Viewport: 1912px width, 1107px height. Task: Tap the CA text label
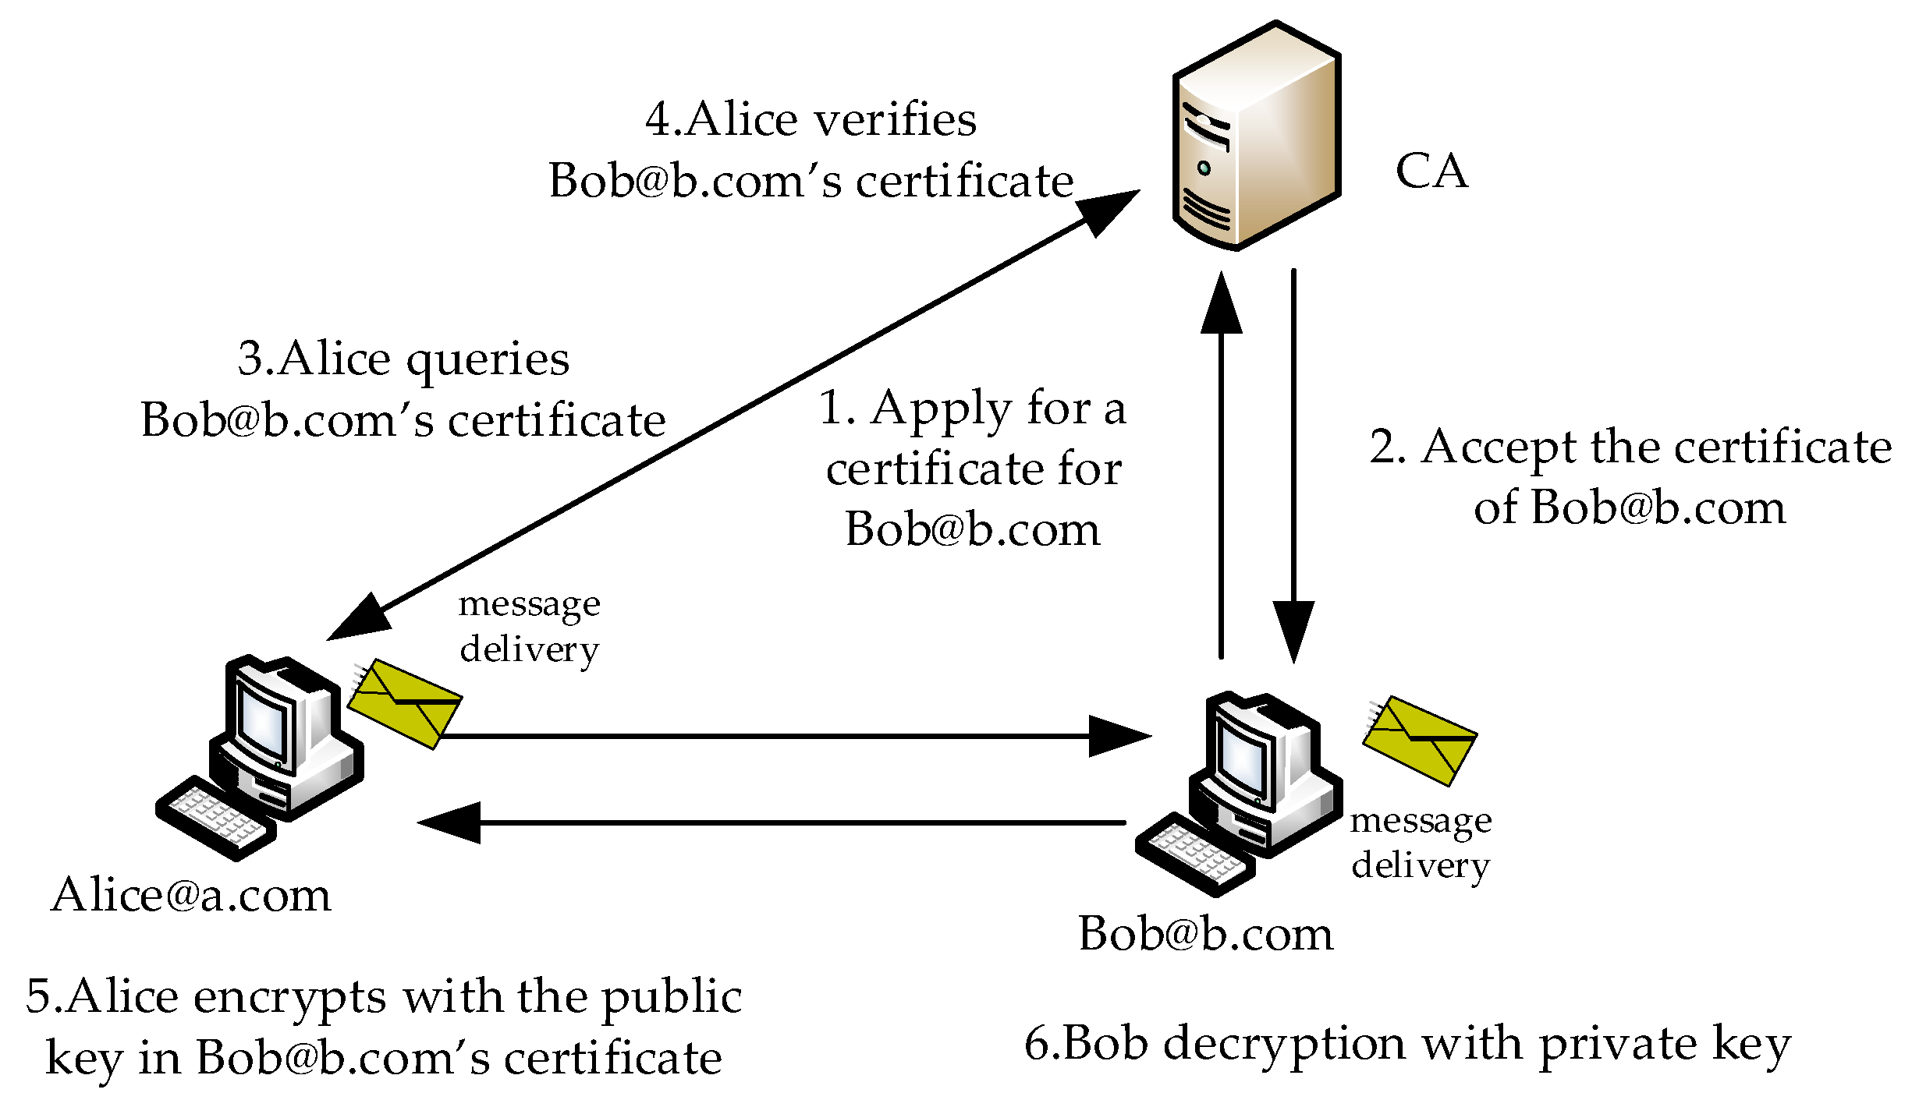point(1431,171)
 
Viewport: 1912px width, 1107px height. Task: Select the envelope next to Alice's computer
point(405,704)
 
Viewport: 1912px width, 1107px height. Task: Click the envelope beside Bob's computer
point(1421,741)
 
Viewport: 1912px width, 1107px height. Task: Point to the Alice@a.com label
point(191,894)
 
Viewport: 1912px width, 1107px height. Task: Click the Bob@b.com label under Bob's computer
point(1206,933)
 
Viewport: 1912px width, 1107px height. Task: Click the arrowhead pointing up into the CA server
point(1221,304)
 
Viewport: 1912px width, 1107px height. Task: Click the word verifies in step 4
point(894,120)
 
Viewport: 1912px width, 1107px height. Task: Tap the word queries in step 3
point(488,360)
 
